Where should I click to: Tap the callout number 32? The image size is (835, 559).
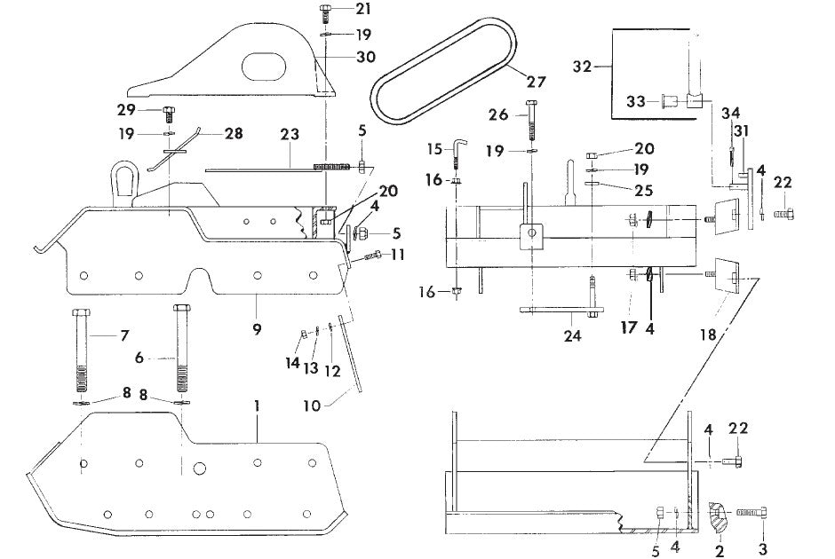(582, 66)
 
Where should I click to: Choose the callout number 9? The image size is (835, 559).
(256, 329)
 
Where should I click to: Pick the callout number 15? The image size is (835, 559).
(434, 147)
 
